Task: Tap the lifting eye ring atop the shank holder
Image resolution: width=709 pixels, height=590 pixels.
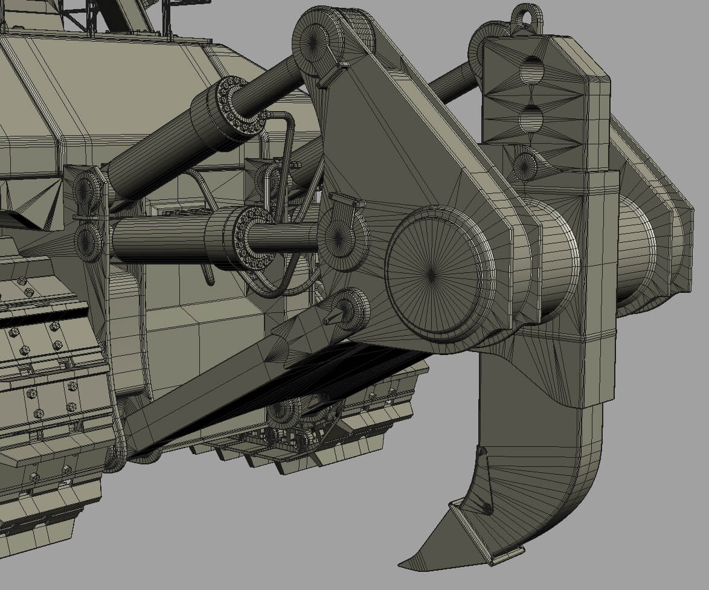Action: tap(526, 18)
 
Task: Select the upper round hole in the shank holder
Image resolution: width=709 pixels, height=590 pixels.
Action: tap(531, 70)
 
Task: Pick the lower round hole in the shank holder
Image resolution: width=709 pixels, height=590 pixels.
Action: tap(531, 118)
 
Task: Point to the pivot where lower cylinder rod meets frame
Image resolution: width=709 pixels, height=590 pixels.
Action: tap(342, 238)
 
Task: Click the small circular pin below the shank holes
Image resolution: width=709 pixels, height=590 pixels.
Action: tap(524, 164)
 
